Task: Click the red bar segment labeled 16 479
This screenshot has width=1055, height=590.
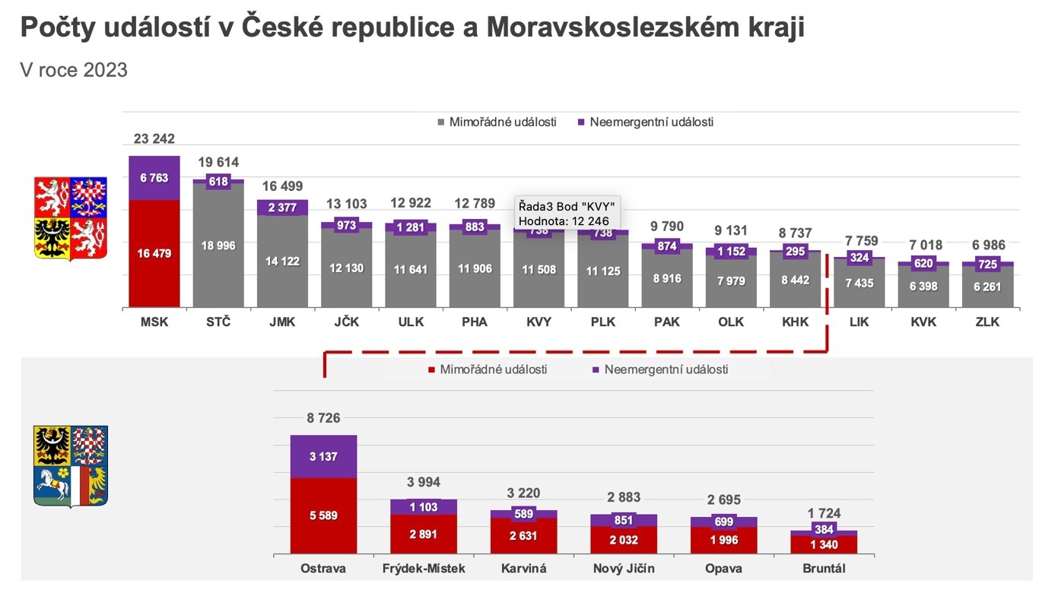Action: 154,254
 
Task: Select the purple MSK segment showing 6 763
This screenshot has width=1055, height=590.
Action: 154,178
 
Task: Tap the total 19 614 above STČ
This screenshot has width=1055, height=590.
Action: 218,162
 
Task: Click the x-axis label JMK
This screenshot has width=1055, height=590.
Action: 282,322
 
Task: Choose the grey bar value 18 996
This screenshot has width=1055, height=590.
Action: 218,246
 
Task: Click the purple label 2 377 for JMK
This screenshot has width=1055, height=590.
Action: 282,208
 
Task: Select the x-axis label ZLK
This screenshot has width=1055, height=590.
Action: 987,322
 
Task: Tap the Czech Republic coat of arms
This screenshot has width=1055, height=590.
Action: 70,218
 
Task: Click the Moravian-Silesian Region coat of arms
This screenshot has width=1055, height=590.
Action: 70,466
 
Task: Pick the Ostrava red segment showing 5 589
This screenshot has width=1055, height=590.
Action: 323,515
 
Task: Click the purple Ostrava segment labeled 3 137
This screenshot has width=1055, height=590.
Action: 323,457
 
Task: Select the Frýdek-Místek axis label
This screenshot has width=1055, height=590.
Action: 424,569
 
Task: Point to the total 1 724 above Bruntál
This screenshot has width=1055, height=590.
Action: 824,513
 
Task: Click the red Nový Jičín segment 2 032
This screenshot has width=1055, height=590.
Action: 624,540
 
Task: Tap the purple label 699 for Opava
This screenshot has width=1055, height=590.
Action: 723,522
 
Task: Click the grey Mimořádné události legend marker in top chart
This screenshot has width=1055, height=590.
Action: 441,122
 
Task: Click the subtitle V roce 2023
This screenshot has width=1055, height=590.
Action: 74,70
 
